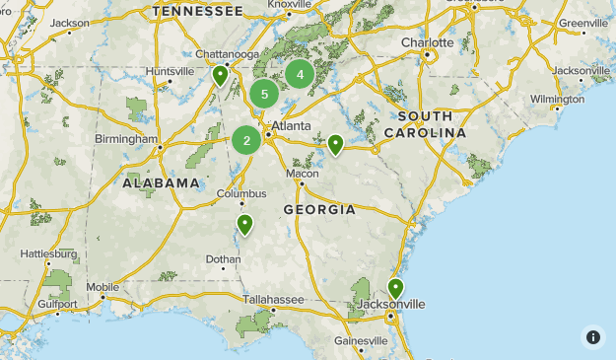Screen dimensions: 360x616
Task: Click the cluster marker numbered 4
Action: [x=300, y=74]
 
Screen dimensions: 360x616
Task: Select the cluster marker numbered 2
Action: [x=246, y=140]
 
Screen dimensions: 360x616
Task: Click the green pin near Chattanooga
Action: [x=221, y=75]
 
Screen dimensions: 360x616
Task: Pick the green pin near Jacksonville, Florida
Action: [x=395, y=288]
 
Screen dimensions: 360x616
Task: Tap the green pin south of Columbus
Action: [x=244, y=225]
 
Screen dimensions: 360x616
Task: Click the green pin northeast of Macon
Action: [x=335, y=144]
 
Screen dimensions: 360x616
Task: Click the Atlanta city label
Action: [x=292, y=126]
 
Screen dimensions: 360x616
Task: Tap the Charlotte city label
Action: [x=427, y=42]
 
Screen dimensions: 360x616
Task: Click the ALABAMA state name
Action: [x=162, y=183]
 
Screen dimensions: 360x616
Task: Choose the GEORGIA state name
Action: [x=319, y=209]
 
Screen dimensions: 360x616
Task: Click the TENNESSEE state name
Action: [x=197, y=11]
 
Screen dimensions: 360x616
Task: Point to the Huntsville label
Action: [x=170, y=71]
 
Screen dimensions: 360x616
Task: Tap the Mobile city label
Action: [x=103, y=288]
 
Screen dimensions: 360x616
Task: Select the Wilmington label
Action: [x=557, y=99]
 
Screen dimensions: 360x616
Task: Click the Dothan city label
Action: [x=222, y=259]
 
